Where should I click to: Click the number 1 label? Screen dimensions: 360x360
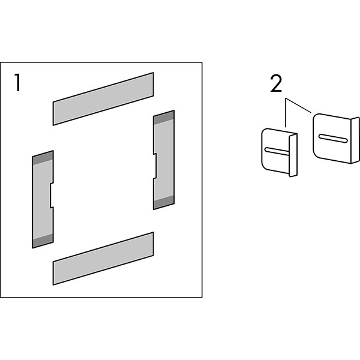[17, 82]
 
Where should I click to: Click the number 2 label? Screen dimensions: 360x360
[276, 84]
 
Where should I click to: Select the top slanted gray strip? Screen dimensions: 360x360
[103, 99]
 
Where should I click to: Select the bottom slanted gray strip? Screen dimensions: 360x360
[103, 259]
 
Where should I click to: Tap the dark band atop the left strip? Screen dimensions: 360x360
[43, 158]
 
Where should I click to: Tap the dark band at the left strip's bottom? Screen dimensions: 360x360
[43, 241]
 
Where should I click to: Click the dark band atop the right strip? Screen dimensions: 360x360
[164, 118]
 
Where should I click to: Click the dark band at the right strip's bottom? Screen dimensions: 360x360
[164, 203]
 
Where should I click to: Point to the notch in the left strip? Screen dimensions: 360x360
[52, 195]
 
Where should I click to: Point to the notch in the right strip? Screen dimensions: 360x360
[155, 166]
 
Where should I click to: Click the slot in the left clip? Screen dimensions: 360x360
[277, 151]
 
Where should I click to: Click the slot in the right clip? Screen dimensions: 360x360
[333, 139]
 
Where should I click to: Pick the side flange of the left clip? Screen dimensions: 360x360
[293, 155]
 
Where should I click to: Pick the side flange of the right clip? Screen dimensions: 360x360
[355, 140]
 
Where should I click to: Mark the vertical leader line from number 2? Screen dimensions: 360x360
[286, 113]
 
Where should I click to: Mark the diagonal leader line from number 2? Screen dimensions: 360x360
[298, 106]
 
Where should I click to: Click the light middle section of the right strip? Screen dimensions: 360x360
[164, 160]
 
